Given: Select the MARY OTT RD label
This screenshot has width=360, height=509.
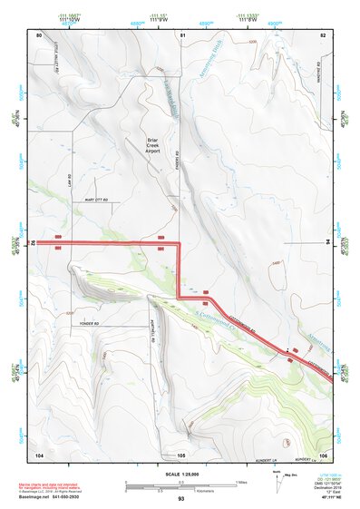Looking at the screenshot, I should (x=94, y=200).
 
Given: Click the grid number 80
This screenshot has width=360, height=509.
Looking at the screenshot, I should (x=39, y=34).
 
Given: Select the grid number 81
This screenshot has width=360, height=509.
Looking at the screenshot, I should (x=182, y=34).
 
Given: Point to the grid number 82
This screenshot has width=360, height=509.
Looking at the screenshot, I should (x=323, y=34).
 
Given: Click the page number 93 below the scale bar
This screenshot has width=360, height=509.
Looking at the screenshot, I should (x=181, y=499).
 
